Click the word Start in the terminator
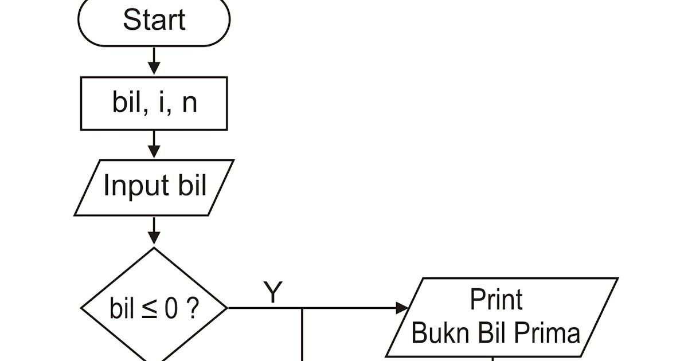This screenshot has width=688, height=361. click(154, 20)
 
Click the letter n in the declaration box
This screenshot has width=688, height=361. click(189, 104)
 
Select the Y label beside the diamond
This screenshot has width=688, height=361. click(273, 293)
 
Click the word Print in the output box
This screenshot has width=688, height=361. click(496, 300)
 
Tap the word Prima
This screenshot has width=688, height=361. click(552, 332)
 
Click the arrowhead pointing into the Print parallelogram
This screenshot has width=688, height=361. click(402, 308)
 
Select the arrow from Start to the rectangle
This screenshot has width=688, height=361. click(154, 61)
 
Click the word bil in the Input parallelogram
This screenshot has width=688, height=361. click(190, 186)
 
